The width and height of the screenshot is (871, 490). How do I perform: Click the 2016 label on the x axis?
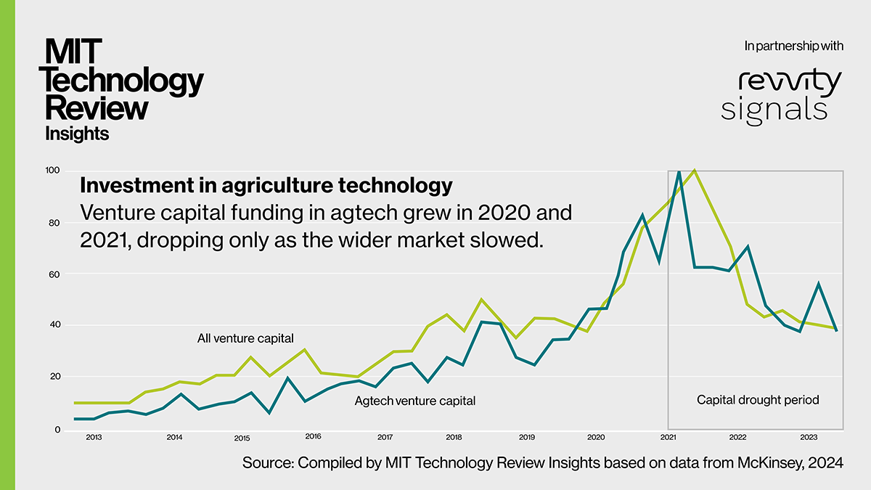click(x=313, y=437)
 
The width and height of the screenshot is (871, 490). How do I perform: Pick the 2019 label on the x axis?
click(x=527, y=438)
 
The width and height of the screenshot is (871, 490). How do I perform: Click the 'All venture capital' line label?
click(x=245, y=338)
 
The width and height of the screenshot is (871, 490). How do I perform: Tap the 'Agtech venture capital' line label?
click(x=414, y=401)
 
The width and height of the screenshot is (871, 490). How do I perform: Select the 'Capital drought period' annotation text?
click(x=758, y=400)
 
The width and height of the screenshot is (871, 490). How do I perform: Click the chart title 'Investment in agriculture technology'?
click(x=266, y=186)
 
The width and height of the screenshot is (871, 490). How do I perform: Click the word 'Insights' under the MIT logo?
click(x=77, y=134)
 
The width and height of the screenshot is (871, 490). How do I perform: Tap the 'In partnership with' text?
click(x=794, y=46)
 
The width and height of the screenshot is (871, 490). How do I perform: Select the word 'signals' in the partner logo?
click(x=774, y=109)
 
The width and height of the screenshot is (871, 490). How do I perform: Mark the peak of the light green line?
click(x=695, y=171)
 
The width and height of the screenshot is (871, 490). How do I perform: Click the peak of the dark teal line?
click(x=678, y=172)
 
